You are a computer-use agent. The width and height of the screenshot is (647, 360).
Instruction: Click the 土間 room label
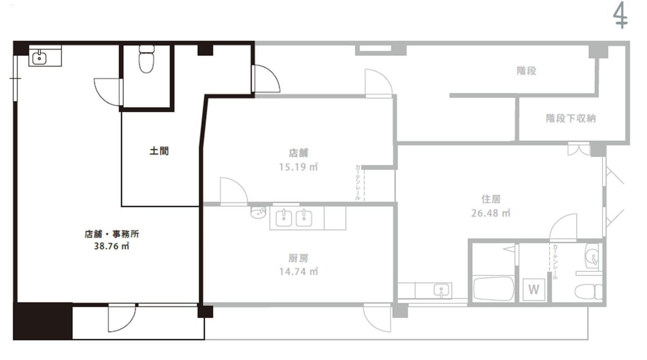point(159,151)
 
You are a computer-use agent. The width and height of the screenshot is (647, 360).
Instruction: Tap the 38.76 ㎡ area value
point(112,246)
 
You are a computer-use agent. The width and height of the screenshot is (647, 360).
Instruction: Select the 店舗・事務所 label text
point(112,234)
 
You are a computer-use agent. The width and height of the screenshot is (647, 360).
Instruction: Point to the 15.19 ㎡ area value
point(298,167)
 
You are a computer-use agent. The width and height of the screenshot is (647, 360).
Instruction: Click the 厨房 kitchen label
point(298,258)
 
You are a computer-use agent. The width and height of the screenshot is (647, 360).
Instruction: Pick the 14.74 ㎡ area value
point(299,272)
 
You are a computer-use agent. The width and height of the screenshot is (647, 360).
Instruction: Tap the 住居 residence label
point(491,199)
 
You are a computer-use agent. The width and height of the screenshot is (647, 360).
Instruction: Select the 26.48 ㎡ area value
point(491,213)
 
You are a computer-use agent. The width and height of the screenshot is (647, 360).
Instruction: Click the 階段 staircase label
point(526,71)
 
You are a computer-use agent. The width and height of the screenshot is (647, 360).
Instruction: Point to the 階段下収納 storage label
point(571,118)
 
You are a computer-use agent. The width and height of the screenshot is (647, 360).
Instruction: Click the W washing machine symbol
point(534,290)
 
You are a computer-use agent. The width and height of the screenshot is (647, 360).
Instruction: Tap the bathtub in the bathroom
point(494,289)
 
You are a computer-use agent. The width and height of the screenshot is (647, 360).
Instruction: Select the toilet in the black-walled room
point(147,59)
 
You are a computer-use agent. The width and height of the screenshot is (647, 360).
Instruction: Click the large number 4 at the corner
point(620,15)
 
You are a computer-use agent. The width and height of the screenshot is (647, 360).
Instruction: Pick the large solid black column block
point(43,321)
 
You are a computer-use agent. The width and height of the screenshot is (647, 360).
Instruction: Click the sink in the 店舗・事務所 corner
point(39,58)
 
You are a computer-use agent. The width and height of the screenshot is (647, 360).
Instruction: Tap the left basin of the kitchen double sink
point(284,218)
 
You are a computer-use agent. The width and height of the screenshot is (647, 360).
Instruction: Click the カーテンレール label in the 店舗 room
point(357,183)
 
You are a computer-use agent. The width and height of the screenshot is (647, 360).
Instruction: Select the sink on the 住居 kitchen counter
point(441,291)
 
